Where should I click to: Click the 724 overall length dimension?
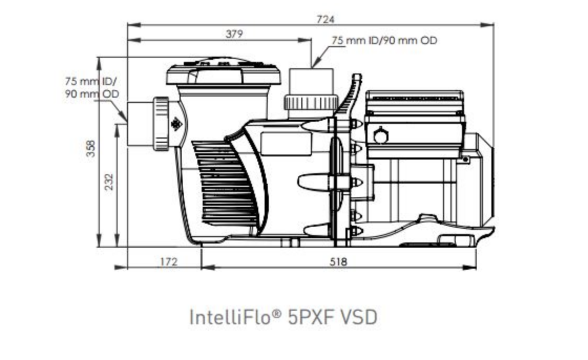click(325, 19)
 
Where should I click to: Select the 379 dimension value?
click(234, 34)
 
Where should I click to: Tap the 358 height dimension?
click(91, 149)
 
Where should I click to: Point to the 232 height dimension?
click(108, 182)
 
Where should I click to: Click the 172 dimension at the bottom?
click(169, 262)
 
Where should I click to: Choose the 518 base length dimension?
click(338, 262)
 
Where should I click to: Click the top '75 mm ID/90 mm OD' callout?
click(384, 40)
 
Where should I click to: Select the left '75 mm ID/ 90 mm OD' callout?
click(92, 87)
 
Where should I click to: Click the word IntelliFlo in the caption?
click(230, 317)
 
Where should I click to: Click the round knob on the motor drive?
click(381, 135)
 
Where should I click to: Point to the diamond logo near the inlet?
click(176, 124)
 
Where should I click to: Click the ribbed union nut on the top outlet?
click(311, 102)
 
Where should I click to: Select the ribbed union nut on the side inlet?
click(161, 124)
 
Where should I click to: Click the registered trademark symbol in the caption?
click(276, 313)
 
